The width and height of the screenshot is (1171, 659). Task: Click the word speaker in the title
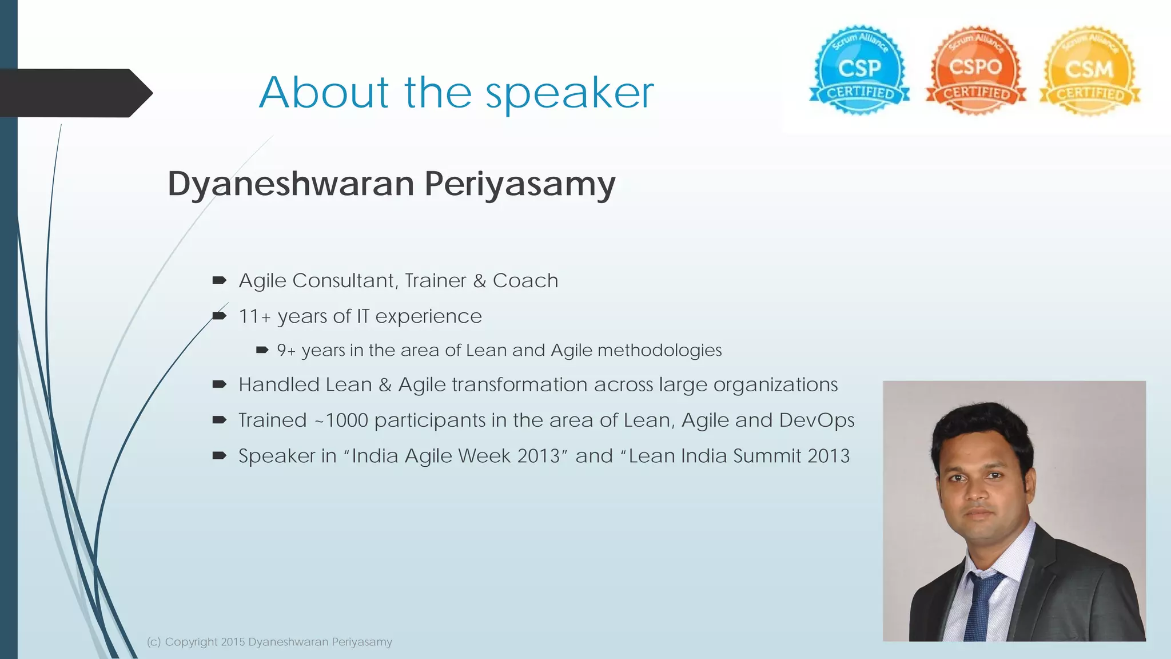click(x=569, y=93)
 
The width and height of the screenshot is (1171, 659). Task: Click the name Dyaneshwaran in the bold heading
click(x=291, y=185)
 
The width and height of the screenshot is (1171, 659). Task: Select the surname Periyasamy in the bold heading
click(x=520, y=185)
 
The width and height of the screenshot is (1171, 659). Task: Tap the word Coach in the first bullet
click(x=525, y=281)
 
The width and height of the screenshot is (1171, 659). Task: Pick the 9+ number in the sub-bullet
click(x=286, y=350)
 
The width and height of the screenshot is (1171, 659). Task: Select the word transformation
click(x=519, y=385)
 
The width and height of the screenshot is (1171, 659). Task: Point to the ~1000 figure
click(x=341, y=420)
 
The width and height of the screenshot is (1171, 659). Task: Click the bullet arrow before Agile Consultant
click(x=220, y=280)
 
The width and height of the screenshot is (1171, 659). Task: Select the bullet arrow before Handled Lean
click(x=220, y=384)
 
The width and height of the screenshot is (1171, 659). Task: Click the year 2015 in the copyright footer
click(x=233, y=642)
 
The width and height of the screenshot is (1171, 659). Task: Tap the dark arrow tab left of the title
click(x=74, y=93)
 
